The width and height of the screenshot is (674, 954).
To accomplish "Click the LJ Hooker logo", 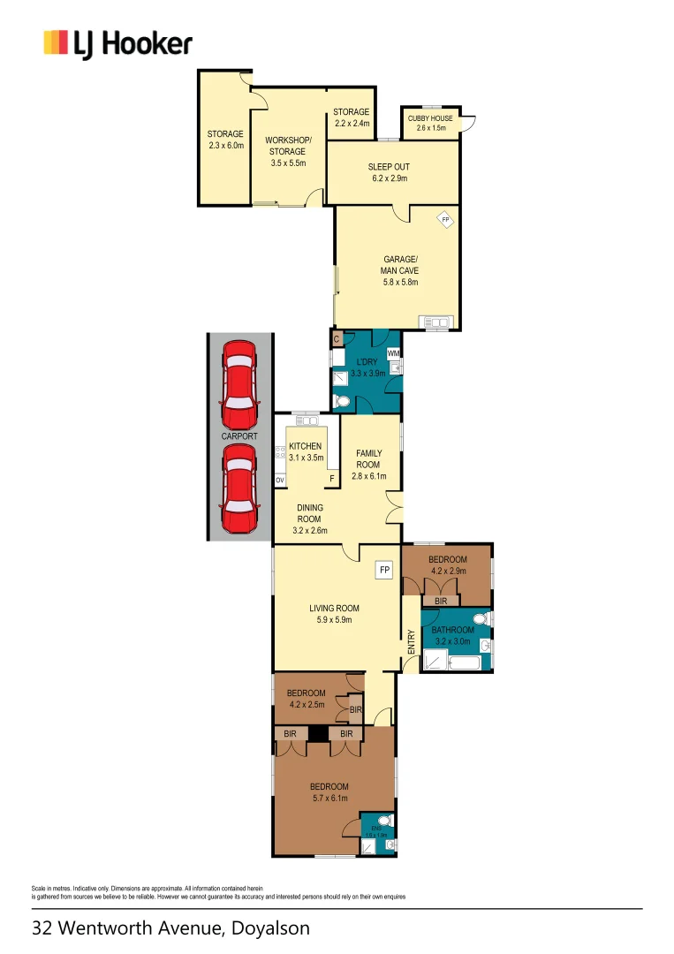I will click(117, 43).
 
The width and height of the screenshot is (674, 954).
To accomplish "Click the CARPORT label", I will click(239, 436).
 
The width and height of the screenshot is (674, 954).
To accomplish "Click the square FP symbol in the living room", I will click(384, 571).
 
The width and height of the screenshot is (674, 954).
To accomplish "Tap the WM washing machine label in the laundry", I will click(393, 353).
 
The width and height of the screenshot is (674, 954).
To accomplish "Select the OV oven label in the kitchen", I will click(280, 480).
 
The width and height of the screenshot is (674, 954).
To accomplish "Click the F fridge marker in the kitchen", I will click(332, 480).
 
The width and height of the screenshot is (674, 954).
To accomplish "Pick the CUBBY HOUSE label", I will click(431, 118).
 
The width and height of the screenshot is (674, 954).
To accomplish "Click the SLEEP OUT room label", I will click(389, 166).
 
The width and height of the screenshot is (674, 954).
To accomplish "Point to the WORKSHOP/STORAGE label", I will click(288, 146).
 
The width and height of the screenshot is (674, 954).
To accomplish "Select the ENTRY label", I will click(412, 641).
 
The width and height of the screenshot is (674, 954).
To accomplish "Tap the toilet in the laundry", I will click(344, 402).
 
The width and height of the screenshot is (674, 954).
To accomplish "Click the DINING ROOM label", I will click(309, 513).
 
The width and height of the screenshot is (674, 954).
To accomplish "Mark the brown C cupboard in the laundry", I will click(337, 338).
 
